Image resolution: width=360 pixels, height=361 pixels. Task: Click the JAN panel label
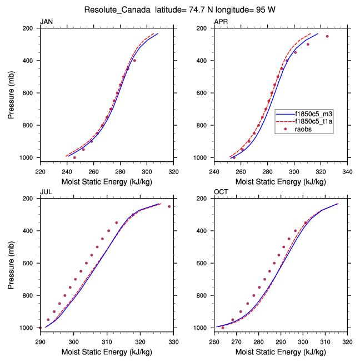click(x=47, y=22)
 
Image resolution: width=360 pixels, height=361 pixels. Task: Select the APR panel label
click(x=221, y=22)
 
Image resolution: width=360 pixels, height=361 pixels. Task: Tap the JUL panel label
click(x=46, y=192)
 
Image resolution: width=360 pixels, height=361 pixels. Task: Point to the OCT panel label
click(x=221, y=192)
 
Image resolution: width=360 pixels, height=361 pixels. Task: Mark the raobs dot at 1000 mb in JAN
click(x=74, y=157)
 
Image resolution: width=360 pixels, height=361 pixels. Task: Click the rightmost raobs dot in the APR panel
click(x=327, y=36)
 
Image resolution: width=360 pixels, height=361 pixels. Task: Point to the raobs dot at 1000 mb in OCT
click(x=223, y=328)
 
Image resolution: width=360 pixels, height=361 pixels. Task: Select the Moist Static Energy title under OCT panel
click(x=281, y=352)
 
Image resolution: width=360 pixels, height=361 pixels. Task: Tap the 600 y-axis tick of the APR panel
click(x=204, y=93)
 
